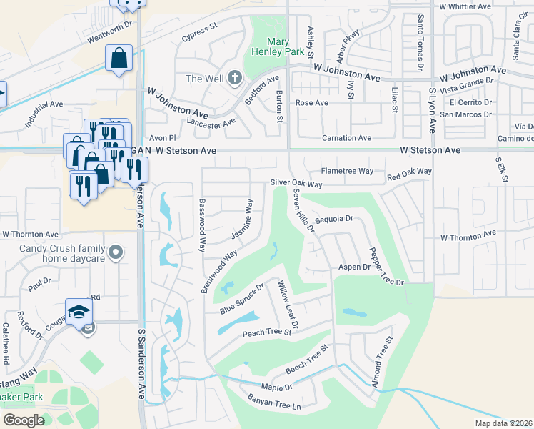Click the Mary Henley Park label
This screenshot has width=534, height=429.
(x=269, y=46)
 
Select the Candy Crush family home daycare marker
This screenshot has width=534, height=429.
(x=118, y=252)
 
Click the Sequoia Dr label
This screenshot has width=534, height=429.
(x=334, y=220)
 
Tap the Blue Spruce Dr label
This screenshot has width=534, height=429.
(x=242, y=298)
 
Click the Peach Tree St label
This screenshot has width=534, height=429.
(x=267, y=332)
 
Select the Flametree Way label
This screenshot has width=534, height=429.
(x=347, y=171)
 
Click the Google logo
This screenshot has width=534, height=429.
(x=24, y=420)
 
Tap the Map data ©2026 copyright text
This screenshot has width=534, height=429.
(x=503, y=423)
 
